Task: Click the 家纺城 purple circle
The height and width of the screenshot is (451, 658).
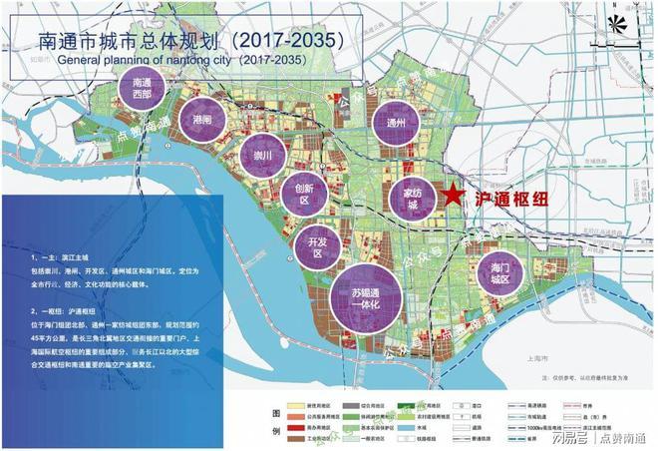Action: (411, 196)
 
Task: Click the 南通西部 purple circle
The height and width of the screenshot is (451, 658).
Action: (148, 91)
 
